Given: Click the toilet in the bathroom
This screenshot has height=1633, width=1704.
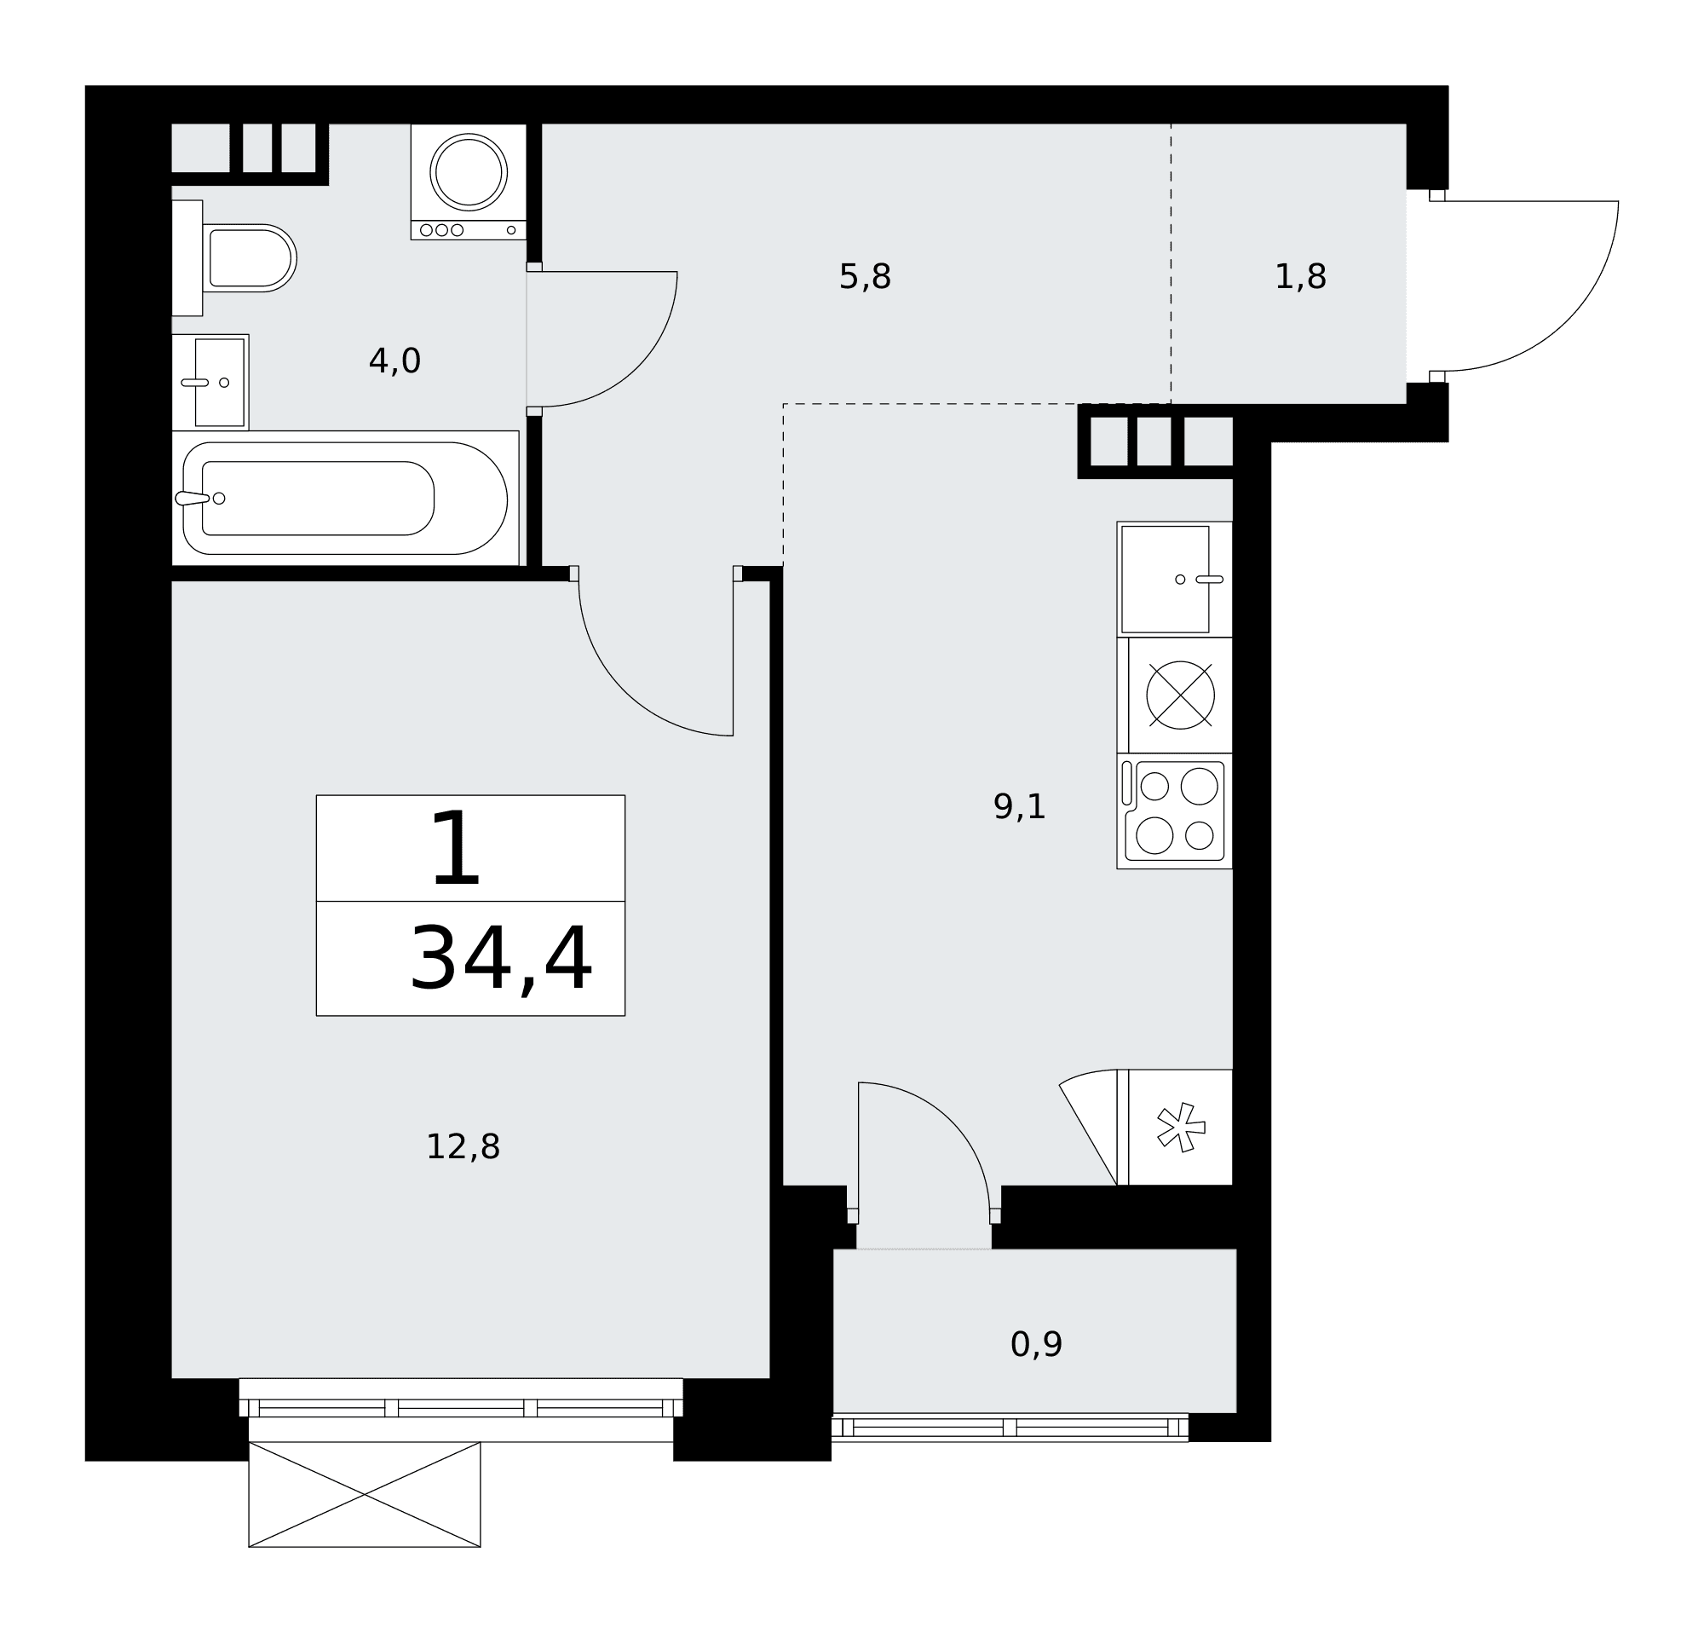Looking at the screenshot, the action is tap(235, 258).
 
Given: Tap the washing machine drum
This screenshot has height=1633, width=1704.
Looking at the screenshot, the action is tap(469, 172).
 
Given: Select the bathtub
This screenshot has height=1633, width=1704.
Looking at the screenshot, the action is tap(345, 499).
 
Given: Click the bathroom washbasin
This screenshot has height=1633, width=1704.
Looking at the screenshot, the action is tap(210, 383).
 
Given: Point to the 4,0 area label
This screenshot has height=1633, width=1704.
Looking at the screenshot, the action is tap(394, 361).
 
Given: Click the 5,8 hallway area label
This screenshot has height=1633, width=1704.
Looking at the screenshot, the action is tap(865, 277).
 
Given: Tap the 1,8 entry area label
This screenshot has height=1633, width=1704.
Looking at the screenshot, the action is tap(1301, 277).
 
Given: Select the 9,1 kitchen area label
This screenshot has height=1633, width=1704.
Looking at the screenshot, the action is tap(1020, 807).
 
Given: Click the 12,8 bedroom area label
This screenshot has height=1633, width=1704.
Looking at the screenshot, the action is tap(463, 1147).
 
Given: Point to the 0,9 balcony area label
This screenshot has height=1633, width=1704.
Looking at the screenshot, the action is tap(1036, 1344).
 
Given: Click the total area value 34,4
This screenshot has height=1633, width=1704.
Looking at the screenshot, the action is tap(501, 960).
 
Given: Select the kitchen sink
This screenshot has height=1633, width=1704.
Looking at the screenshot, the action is tap(1175, 579).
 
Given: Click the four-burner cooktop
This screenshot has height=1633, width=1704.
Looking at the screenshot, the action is tap(1175, 811).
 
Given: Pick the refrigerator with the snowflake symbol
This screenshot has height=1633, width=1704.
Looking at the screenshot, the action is tap(1175, 1128).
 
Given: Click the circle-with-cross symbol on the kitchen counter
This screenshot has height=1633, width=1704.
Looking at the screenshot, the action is tap(1181, 695).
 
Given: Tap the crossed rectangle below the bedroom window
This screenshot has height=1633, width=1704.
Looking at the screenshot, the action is tap(365, 1495).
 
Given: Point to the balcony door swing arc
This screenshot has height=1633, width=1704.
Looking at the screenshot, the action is tap(951, 1121).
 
